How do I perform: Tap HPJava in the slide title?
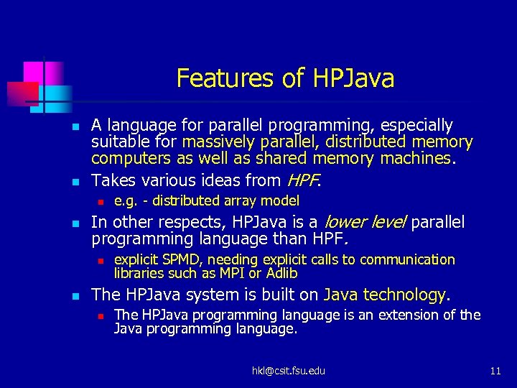point(353,78)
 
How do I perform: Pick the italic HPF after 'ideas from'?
point(301,180)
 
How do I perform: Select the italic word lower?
point(345,222)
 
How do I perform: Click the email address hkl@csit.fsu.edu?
point(288,371)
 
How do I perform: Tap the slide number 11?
point(495,371)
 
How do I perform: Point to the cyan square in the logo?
point(59,95)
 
